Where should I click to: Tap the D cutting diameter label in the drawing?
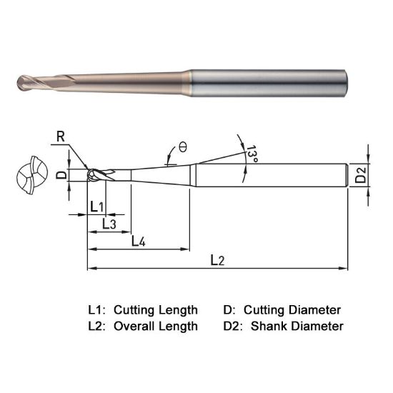61,174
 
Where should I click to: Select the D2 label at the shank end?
362,174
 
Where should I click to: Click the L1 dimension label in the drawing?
97,207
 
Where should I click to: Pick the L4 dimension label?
139,242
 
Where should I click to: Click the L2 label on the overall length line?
218,261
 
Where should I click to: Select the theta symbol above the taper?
183,146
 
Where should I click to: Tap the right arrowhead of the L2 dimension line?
345,269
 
